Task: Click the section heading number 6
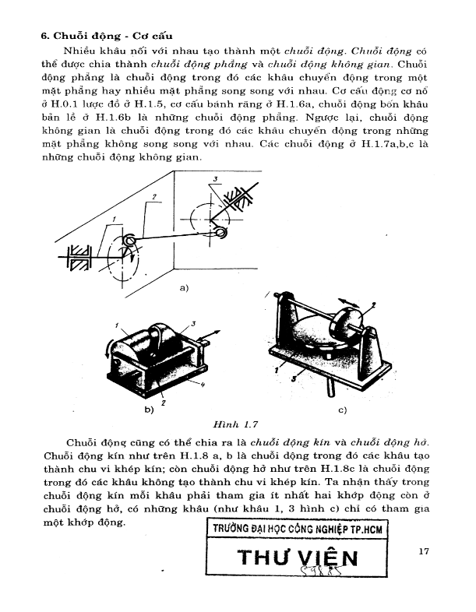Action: pyautogui.click(x=44, y=37)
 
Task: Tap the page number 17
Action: pyautogui.click(x=424, y=552)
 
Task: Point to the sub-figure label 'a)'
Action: pyautogui.click(x=185, y=288)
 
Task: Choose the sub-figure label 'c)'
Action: pyautogui.click(x=342, y=408)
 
